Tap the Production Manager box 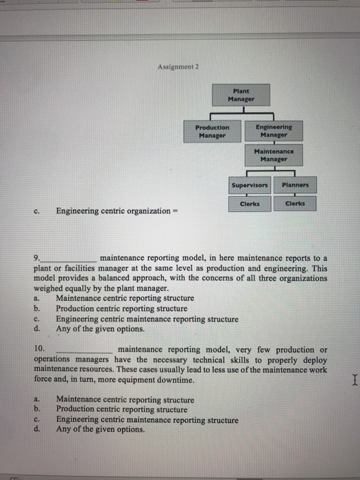click(x=213, y=131)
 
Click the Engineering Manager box click(x=273, y=131)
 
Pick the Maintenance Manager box click(x=273, y=155)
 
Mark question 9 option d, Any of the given click(x=100, y=328)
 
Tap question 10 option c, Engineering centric click(x=147, y=420)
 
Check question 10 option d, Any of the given click(x=100, y=430)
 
